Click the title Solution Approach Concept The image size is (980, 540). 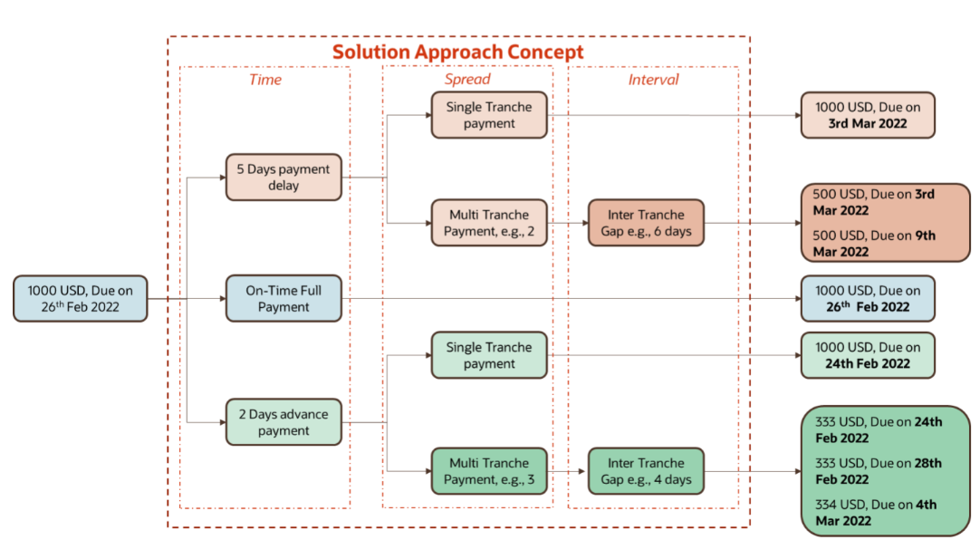click(x=457, y=52)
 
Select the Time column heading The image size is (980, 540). click(x=264, y=80)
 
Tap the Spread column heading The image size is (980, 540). click(x=466, y=80)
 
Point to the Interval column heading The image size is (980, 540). click(x=653, y=80)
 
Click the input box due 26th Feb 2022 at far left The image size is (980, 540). click(x=80, y=299)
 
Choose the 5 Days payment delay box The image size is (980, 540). click(x=283, y=177)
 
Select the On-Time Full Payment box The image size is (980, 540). click(x=283, y=299)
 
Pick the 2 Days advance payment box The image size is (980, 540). click(x=283, y=422)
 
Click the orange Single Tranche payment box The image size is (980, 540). click(x=488, y=115)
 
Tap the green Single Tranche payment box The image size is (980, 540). click(x=488, y=355)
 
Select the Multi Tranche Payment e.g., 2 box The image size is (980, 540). click(x=488, y=223)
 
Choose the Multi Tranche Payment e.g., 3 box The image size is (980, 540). click(x=488, y=470)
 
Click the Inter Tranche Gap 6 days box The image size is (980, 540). click(x=646, y=223)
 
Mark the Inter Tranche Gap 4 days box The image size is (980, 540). click(x=646, y=470)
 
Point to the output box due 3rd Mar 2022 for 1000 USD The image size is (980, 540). click(x=867, y=115)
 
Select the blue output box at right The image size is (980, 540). click(x=867, y=299)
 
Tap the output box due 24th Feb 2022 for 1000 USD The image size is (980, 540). click(x=867, y=355)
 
